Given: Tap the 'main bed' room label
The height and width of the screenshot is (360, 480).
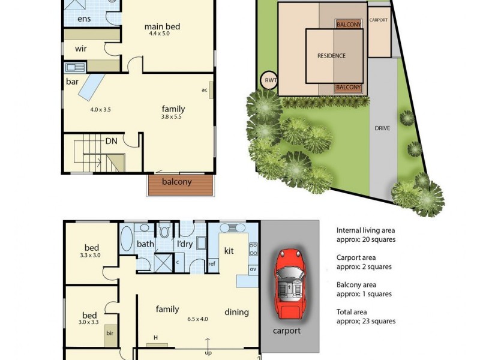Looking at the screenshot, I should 162,26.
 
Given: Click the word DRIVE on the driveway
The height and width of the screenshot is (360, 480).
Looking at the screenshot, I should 382,128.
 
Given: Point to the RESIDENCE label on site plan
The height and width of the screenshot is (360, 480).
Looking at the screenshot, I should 331,56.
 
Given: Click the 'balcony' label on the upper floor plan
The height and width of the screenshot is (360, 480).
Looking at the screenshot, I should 177,182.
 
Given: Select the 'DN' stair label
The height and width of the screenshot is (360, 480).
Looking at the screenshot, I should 111,141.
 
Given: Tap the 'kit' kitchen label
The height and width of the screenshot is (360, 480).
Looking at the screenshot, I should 229,250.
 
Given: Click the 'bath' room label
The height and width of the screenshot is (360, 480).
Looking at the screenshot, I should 145,244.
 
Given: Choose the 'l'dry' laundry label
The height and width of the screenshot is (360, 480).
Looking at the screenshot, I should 184,244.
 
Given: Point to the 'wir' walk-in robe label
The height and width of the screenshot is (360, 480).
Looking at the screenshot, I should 82,49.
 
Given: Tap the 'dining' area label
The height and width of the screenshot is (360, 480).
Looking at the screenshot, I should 236,312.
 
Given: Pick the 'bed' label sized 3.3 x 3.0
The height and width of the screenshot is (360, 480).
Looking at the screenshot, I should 92,248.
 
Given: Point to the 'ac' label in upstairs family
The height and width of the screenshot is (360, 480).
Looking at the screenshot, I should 205,90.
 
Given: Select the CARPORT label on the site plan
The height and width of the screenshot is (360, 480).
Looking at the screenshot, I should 379,20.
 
